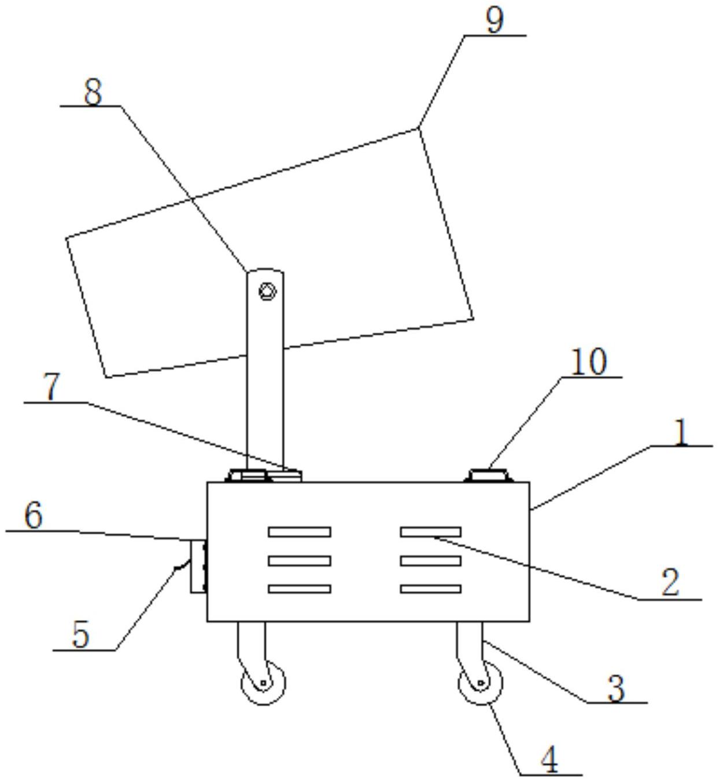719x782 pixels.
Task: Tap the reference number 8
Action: pyautogui.click(x=93, y=91)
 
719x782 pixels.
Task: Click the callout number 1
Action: pyautogui.click(x=681, y=432)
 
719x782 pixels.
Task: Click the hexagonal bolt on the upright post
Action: pyautogui.click(x=267, y=291)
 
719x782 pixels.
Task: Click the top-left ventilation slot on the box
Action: pyautogui.click(x=300, y=532)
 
